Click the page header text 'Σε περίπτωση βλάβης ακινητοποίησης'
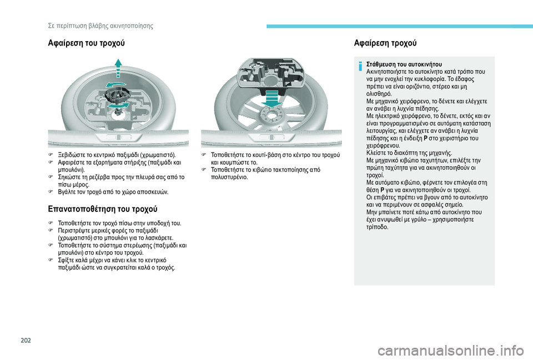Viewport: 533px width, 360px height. pyautogui.click(x=97, y=26)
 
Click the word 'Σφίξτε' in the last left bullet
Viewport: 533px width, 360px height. pyautogui.click(x=68, y=260)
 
